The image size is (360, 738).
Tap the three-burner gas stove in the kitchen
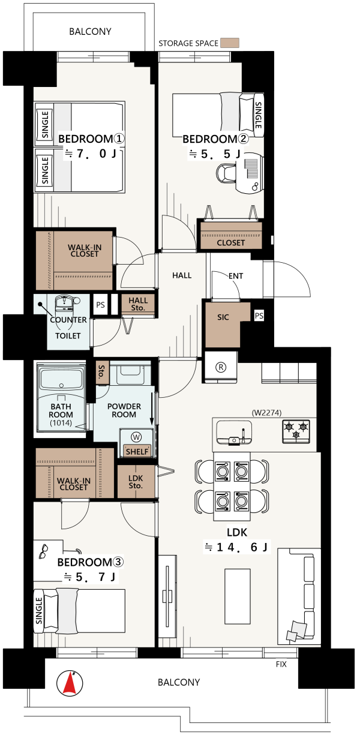[296, 431]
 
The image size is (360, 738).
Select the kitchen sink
[234, 432]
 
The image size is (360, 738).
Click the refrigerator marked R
[221, 367]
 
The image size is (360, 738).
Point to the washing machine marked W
[136, 437]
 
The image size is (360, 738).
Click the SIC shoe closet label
[223, 317]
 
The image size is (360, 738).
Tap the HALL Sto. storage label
[138, 304]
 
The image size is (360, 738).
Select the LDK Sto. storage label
[136, 482]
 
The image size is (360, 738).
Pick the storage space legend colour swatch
[230, 43]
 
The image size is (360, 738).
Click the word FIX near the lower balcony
[281, 664]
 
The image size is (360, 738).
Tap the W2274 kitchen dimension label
[266, 412]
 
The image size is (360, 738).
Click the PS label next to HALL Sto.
[100, 305]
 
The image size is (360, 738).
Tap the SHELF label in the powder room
[137, 451]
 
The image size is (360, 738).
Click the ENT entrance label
[236, 276]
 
